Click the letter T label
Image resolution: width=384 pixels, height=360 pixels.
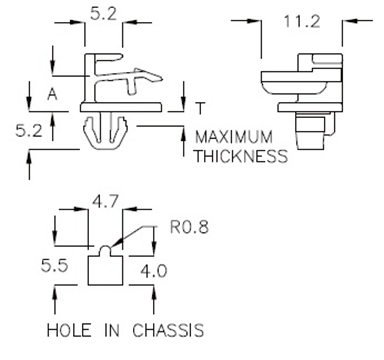click(203, 108)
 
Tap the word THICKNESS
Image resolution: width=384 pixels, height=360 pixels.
click(241, 156)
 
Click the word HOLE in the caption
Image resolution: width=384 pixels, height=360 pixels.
click(71, 329)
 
